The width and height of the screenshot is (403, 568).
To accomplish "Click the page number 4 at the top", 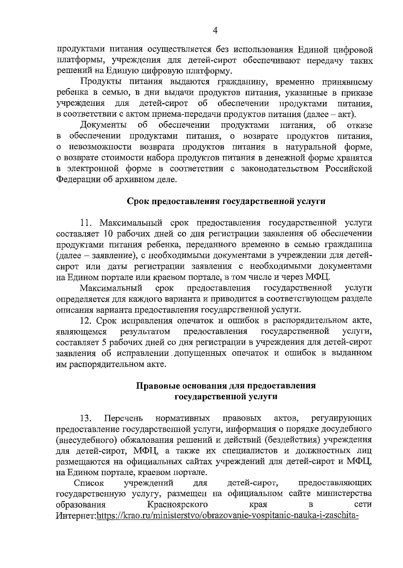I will [215, 31].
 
